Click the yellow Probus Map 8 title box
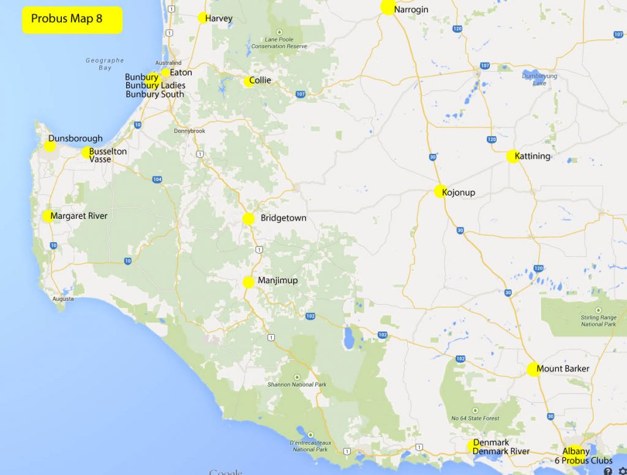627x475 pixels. tap(72, 19)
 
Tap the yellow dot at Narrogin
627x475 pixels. tap(388, 7)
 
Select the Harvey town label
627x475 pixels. tap(219, 18)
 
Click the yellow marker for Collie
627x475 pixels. tap(248, 82)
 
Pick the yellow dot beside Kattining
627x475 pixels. tap(512, 156)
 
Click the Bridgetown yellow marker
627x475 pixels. tap(249, 219)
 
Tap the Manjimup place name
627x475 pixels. tap(278, 281)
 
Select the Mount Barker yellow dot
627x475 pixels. tap(533, 369)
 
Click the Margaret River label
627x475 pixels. tap(79, 216)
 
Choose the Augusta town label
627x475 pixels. tap(64, 299)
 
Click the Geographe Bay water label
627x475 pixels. tap(105, 64)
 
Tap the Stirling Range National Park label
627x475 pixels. tap(598, 321)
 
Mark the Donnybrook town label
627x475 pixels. tap(190, 131)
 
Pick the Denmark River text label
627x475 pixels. tap(501, 451)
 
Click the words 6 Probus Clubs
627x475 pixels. tap(584, 460)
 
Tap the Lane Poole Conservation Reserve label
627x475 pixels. tap(279, 43)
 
